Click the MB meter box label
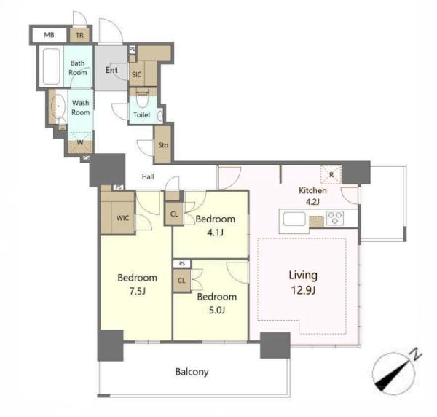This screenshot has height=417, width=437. click(49, 35)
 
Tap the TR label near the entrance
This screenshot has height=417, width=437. click(79, 36)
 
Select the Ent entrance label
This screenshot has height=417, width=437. click(111, 70)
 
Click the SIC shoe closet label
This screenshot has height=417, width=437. click(137, 74)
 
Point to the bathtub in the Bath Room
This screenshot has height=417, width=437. click(52, 66)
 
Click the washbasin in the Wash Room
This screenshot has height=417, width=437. click(58, 106)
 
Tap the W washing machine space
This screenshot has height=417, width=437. click(80, 143)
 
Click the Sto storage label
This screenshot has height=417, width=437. click(163, 145)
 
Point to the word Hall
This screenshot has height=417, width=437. click(148, 176)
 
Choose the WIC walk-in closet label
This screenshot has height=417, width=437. click(122, 218)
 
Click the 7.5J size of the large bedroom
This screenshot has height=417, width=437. click(138, 292)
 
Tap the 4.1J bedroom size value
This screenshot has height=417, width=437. click(216, 233)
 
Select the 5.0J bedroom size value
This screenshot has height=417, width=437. click(217, 310)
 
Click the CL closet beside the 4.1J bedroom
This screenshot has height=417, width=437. click(174, 214)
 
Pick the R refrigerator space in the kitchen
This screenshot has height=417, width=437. click(331, 175)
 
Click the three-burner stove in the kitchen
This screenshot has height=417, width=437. click(335, 218)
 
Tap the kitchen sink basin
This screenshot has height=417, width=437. click(294, 219)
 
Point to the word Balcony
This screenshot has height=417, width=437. click(192, 372)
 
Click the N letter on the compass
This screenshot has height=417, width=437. click(416, 354)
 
